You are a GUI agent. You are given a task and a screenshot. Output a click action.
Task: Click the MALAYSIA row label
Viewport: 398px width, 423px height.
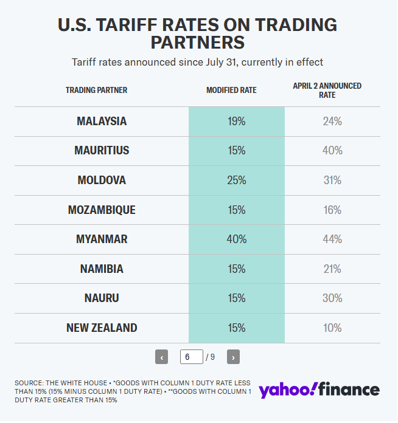pos(102,122)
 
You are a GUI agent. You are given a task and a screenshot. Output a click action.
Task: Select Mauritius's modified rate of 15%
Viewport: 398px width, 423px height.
pos(236,151)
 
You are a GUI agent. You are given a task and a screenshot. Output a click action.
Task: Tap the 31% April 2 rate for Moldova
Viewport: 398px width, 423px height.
pos(332,181)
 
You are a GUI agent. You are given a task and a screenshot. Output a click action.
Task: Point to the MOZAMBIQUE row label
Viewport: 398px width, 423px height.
pos(102,210)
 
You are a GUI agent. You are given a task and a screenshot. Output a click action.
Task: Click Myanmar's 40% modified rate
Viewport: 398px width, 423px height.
pos(236,239)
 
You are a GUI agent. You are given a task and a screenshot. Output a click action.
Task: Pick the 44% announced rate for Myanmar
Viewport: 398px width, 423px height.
pos(332,239)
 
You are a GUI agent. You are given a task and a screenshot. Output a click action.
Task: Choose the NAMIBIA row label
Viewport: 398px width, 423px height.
pos(102,269)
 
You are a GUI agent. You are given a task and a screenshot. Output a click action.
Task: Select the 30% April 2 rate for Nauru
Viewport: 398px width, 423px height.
pos(332,298)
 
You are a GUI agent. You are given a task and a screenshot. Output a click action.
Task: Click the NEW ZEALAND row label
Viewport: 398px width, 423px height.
pos(102,328)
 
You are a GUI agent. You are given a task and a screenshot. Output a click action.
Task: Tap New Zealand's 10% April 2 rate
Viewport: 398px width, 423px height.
pos(332,328)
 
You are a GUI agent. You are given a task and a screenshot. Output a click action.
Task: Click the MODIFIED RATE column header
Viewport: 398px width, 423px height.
pos(231,91)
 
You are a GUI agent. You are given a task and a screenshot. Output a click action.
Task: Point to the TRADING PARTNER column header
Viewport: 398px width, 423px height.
pos(97,91)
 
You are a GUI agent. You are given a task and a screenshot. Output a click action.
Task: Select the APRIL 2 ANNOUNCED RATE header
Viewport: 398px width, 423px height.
pos(327,91)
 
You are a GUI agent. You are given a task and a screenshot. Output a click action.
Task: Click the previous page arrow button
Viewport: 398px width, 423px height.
pos(162,357)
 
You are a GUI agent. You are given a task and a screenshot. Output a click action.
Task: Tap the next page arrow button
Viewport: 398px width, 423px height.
pos(233,357)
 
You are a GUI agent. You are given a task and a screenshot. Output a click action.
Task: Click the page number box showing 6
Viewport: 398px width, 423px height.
pos(191,357)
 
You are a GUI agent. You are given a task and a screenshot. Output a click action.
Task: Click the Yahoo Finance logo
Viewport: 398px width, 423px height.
pos(319,390)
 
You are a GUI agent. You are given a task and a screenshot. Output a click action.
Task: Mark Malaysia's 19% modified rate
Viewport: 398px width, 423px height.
pos(236,122)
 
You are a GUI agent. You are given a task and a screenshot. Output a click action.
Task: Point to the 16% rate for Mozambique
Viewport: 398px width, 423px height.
pos(332,210)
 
